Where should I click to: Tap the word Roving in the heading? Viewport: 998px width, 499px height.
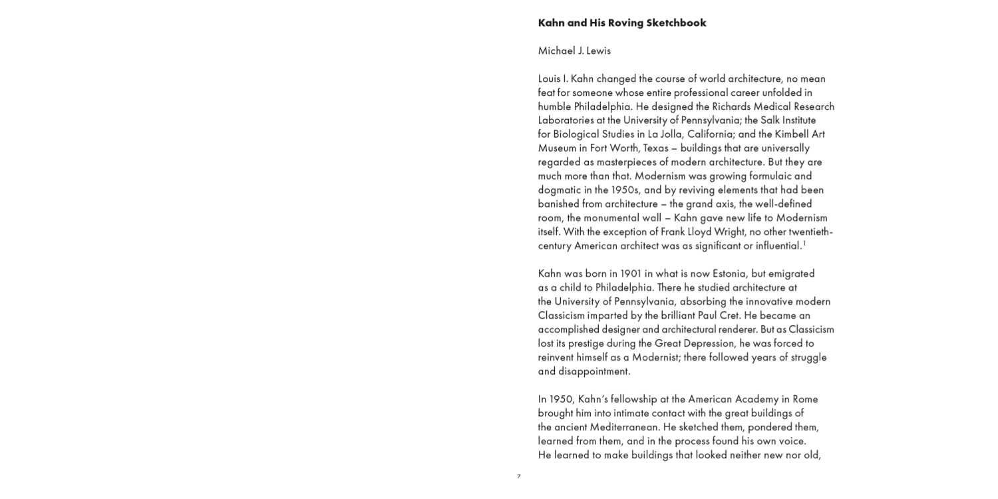pyautogui.click(x=626, y=23)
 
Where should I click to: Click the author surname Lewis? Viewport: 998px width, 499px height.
pyautogui.click(x=598, y=51)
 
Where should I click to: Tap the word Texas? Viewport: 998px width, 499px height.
pyautogui.click(x=655, y=148)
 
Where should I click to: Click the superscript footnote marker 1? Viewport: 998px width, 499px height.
pyautogui.click(x=804, y=244)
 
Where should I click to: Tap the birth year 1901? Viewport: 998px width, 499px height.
pyautogui.click(x=631, y=273)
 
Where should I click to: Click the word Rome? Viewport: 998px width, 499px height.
pyautogui.click(x=806, y=399)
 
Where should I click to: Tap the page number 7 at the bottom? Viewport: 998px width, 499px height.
pyautogui.click(x=519, y=476)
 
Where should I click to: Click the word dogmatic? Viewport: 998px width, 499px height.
pyautogui.click(x=560, y=190)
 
